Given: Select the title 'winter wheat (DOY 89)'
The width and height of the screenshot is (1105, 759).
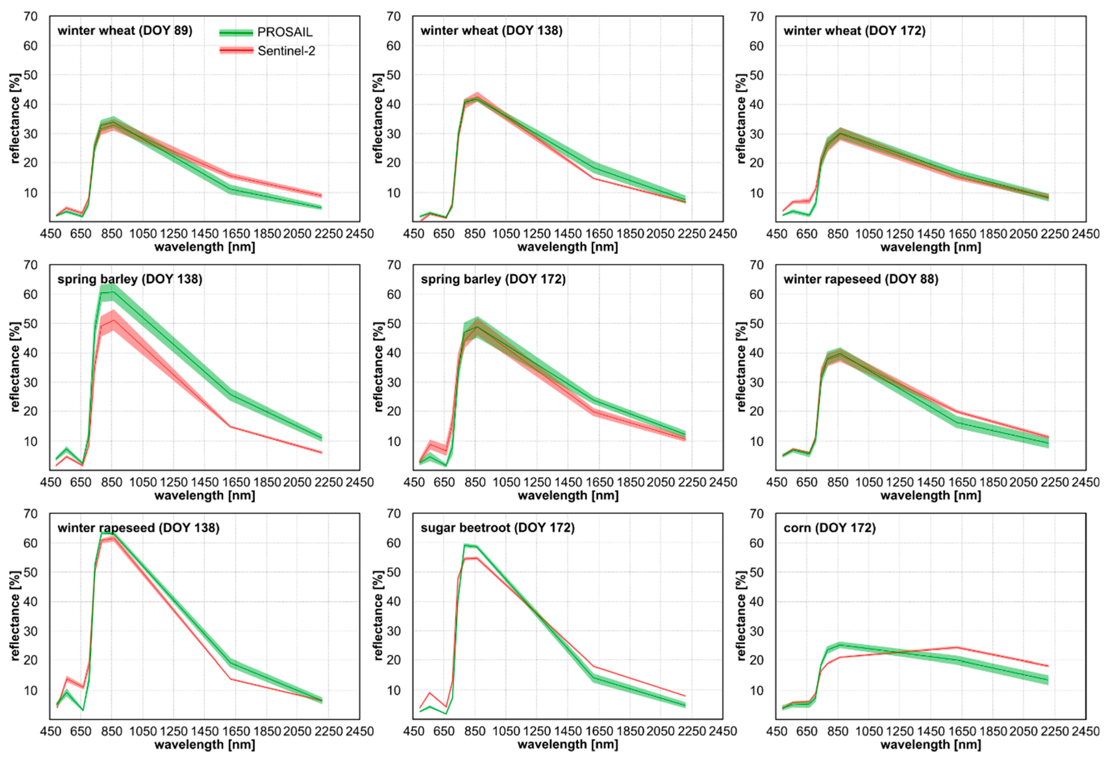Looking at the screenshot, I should point(125,31).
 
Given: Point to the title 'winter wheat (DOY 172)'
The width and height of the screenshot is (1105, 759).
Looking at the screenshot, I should point(854,31).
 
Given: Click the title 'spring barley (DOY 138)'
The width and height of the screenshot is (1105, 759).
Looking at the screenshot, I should point(130,279).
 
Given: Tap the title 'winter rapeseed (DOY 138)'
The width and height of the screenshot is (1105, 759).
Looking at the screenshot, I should point(139,528).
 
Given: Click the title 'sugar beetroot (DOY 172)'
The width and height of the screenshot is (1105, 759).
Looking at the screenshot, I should point(497,528).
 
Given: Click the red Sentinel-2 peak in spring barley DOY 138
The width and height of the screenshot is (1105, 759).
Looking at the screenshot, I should point(113,320).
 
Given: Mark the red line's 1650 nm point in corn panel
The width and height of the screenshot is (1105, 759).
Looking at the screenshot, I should point(956,647).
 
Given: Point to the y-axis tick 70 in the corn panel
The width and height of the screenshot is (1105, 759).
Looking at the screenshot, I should point(756,514).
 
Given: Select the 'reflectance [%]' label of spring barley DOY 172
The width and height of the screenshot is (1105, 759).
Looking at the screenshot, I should point(378,367).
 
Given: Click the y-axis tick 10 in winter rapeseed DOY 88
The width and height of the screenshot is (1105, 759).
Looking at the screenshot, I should point(756,441).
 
